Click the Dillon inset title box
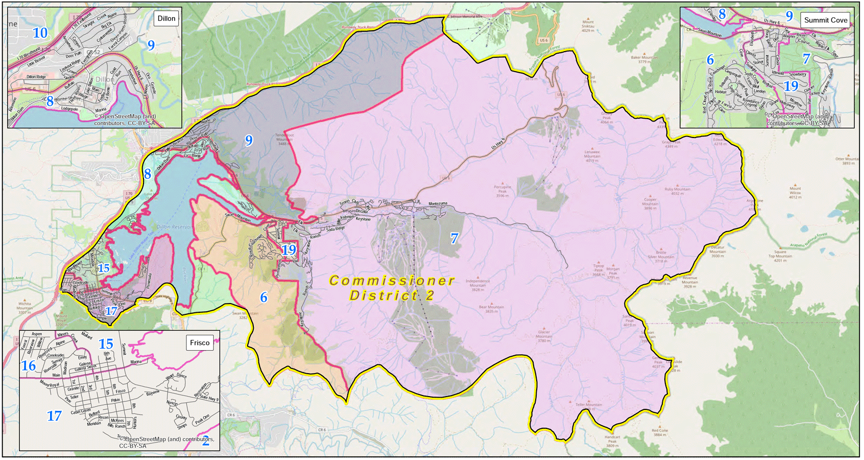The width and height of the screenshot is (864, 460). pyautogui.click(x=166, y=18)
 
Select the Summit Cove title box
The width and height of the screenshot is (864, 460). pyautogui.click(x=825, y=20)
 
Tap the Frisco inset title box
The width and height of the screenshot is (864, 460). pyautogui.click(x=200, y=342)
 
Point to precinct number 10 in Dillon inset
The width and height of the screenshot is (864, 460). pyautogui.click(x=40, y=33)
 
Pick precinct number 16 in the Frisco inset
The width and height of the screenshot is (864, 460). pyautogui.click(x=29, y=365)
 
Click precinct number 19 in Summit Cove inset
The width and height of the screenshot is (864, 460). pyautogui.click(x=790, y=86)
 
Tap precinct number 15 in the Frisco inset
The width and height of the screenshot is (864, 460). pyautogui.click(x=106, y=343)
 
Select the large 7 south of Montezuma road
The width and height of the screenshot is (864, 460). pyautogui.click(x=454, y=238)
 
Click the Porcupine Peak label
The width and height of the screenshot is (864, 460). pyautogui.click(x=502, y=191)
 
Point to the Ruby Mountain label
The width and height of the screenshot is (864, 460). pyautogui.click(x=677, y=191)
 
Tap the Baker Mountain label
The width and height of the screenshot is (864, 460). pyautogui.click(x=644, y=59)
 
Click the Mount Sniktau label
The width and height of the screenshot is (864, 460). pyautogui.click(x=588, y=26)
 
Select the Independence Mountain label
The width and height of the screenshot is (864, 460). pyautogui.click(x=477, y=283)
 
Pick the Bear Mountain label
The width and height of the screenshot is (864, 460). pyautogui.click(x=491, y=309)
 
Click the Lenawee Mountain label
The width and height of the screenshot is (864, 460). pyautogui.click(x=592, y=156)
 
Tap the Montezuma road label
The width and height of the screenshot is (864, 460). pyautogui.click(x=438, y=203)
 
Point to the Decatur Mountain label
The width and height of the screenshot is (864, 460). pyautogui.click(x=717, y=251)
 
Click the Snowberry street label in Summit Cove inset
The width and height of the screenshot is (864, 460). pyautogui.click(x=797, y=74)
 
